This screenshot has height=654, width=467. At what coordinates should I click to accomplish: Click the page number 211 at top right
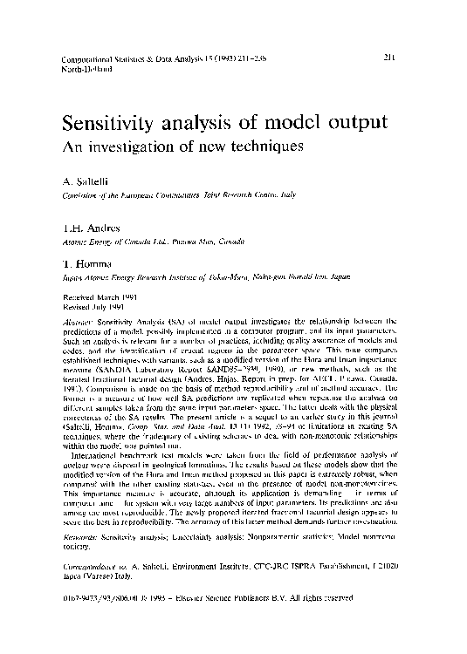click(x=389, y=57)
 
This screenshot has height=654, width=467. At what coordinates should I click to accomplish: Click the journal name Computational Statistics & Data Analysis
click(x=140, y=58)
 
